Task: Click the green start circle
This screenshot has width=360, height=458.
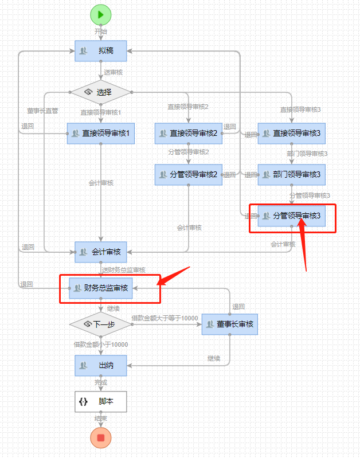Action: point(100,15)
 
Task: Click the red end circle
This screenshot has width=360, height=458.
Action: point(101,438)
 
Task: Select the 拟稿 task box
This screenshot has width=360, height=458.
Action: point(100,50)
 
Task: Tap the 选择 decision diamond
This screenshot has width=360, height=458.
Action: point(100,92)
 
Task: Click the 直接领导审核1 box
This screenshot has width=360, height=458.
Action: point(101,134)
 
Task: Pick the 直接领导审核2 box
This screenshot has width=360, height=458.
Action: point(188,134)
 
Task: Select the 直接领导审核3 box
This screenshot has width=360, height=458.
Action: point(291,134)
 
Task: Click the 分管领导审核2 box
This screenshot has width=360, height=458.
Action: point(188,175)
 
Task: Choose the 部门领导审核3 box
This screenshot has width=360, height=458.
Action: point(291,175)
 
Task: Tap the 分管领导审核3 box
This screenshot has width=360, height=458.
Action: point(291,216)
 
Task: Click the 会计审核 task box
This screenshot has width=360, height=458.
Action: point(100,252)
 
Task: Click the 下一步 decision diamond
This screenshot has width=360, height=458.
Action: point(100,324)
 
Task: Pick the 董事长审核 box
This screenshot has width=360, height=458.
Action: point(229,324)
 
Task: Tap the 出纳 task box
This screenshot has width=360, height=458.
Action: point(100,365)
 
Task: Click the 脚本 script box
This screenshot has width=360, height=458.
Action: point(100,402)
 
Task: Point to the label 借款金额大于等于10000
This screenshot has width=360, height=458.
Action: point(165,318)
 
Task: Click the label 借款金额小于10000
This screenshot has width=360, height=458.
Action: point(100,345)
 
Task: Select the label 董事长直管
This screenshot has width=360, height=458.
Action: point(42,111)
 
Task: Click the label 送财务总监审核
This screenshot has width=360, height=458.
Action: point(124,269)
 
